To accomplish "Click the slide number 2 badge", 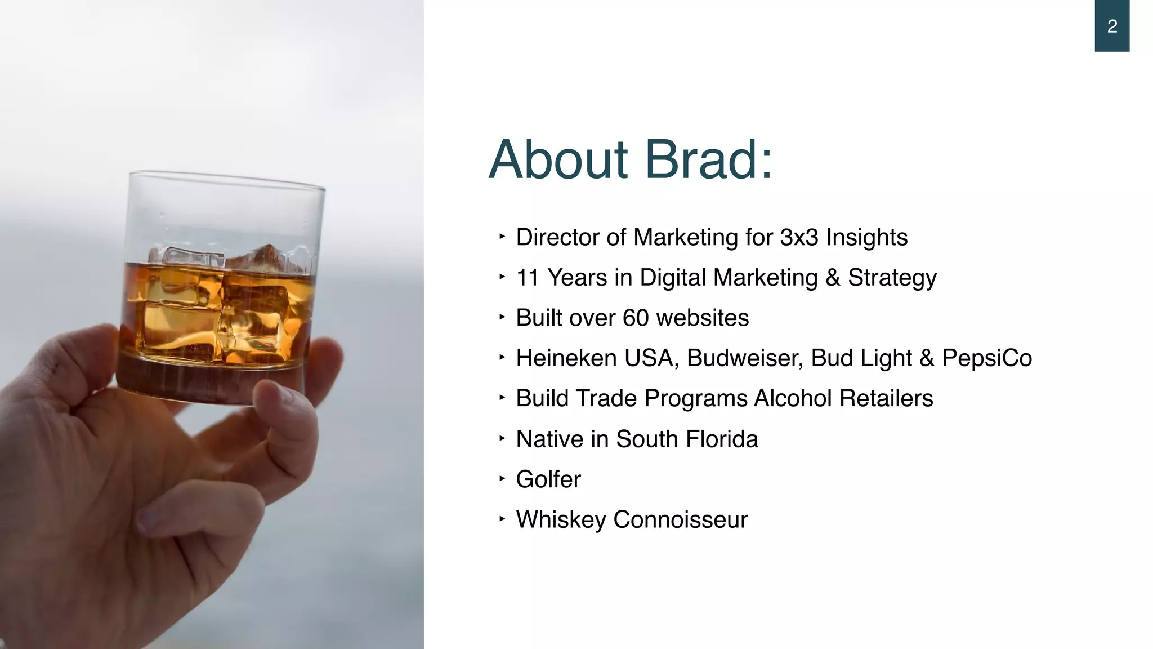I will point(1111,26).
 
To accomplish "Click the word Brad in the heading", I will point(709,160).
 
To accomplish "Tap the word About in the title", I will point(558,160).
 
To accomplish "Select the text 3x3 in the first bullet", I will point(799,237).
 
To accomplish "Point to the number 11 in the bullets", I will point(528,278).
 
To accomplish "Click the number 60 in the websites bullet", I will point(636,318).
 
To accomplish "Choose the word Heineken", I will point(566,358).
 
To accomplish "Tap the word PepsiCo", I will point(987,358).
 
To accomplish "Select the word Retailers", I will point(886,398).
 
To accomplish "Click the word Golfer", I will point(548,479).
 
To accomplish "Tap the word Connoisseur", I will point(680,519).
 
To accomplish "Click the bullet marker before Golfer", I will point(502,479).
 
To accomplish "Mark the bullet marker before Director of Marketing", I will point(502,237).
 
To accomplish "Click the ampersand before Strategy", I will point(833,278).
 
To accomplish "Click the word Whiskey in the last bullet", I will point(560,519).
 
